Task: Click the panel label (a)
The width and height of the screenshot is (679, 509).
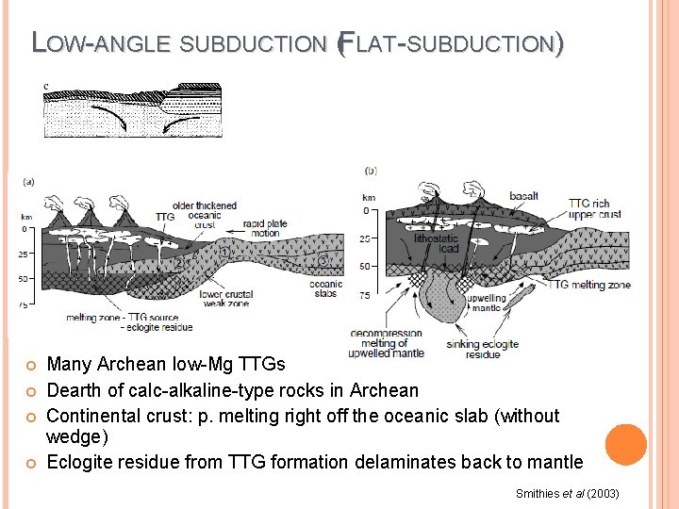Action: point(29,182)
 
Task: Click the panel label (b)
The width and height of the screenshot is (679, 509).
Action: point(371,171)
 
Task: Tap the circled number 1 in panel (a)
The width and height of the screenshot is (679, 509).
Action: point(225,253)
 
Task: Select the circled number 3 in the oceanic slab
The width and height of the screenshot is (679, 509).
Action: point(323,259)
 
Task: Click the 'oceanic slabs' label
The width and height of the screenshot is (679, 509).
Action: point(325,287)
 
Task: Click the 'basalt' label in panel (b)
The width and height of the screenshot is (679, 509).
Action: point(523,196)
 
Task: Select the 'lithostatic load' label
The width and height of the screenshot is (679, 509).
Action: point(449,244)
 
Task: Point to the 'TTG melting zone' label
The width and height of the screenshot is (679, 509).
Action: point(590,284)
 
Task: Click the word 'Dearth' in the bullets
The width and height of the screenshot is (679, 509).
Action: point(75,390)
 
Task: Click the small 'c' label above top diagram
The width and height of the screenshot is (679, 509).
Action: point(46,87)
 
